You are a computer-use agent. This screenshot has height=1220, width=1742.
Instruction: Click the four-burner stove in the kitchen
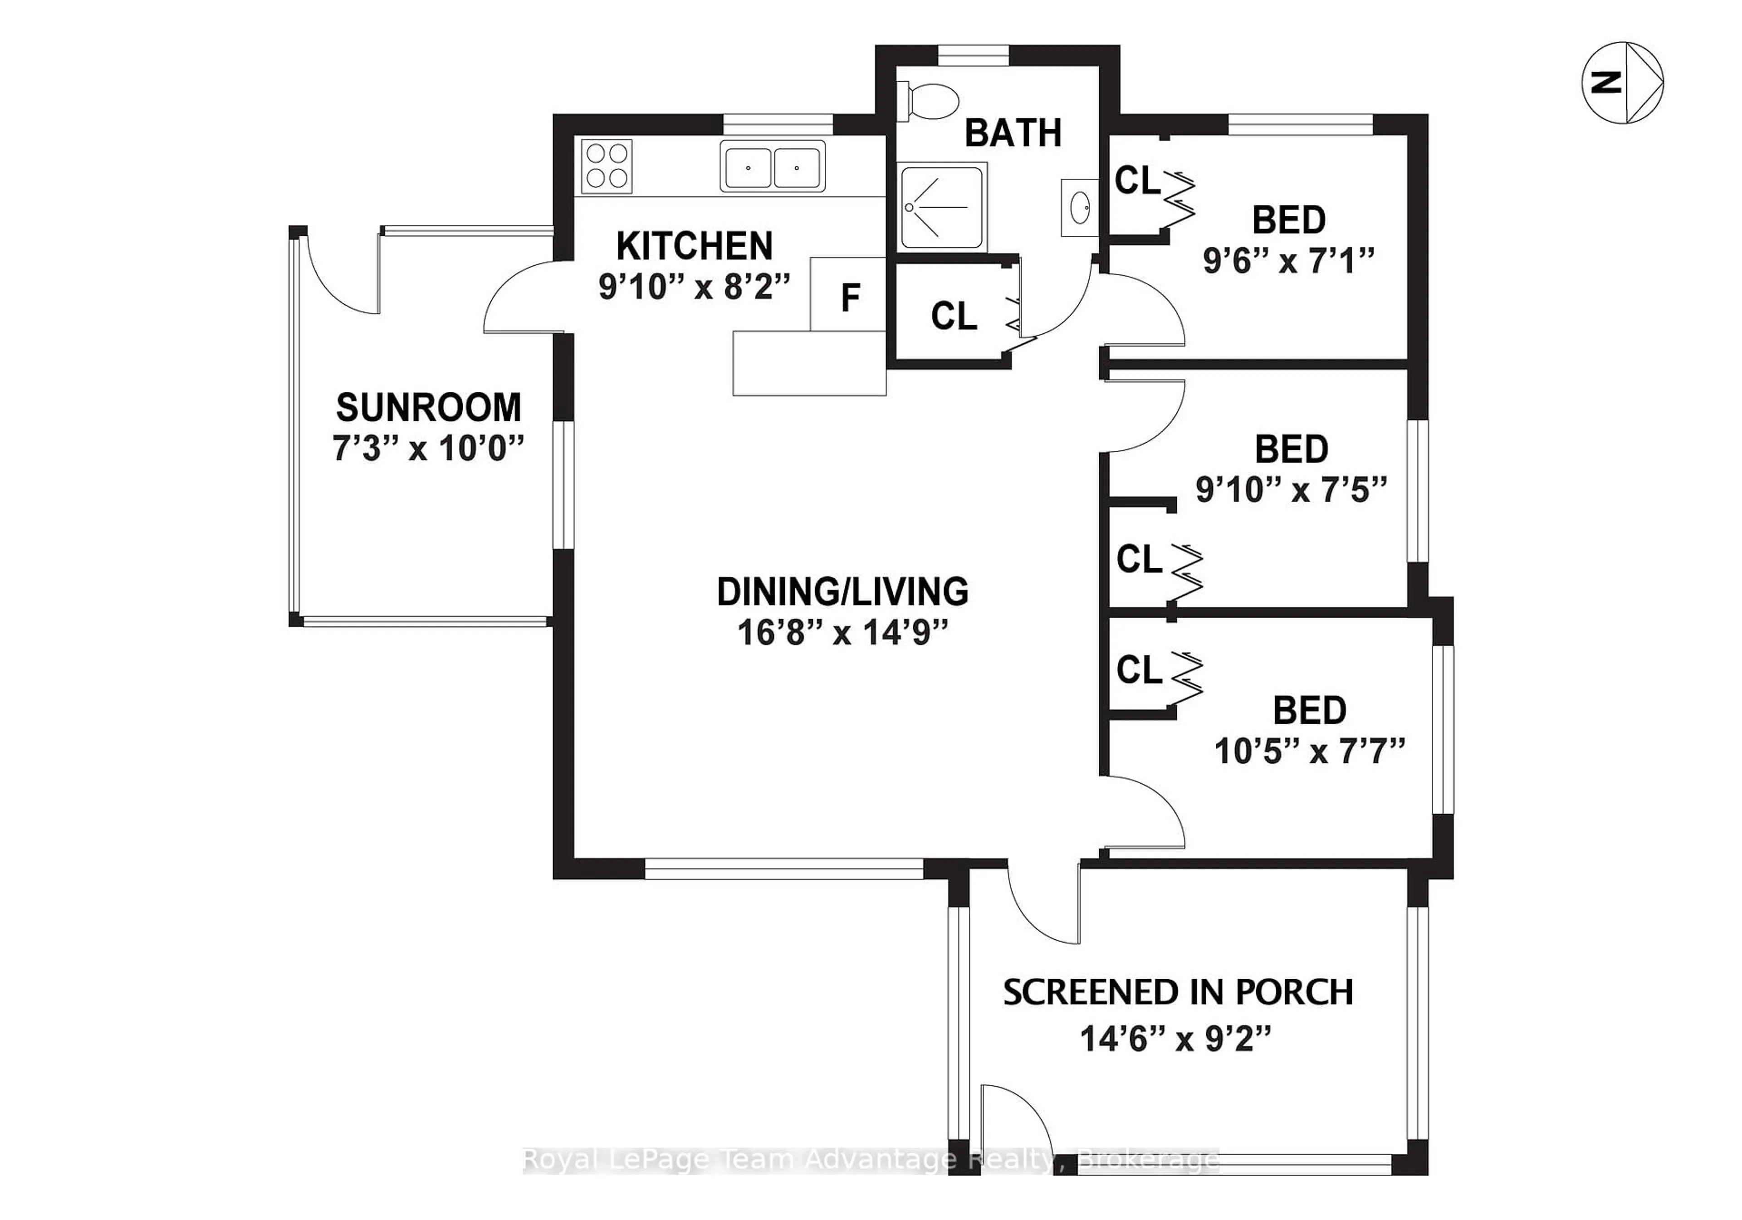(x=607, y=166)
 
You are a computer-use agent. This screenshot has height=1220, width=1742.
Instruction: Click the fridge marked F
(x=849, y=296)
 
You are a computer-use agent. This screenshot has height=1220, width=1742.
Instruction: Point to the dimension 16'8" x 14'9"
(x=843, y=632)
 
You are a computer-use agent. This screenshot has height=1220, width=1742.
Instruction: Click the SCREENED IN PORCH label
(x=1178, y=992)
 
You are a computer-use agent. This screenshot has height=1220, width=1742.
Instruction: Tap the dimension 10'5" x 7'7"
(x=1310, y=752)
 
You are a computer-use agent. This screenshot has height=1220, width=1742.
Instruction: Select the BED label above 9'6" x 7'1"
(x=1288, y=220)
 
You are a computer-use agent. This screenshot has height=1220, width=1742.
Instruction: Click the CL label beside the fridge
(x=954, y=316)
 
